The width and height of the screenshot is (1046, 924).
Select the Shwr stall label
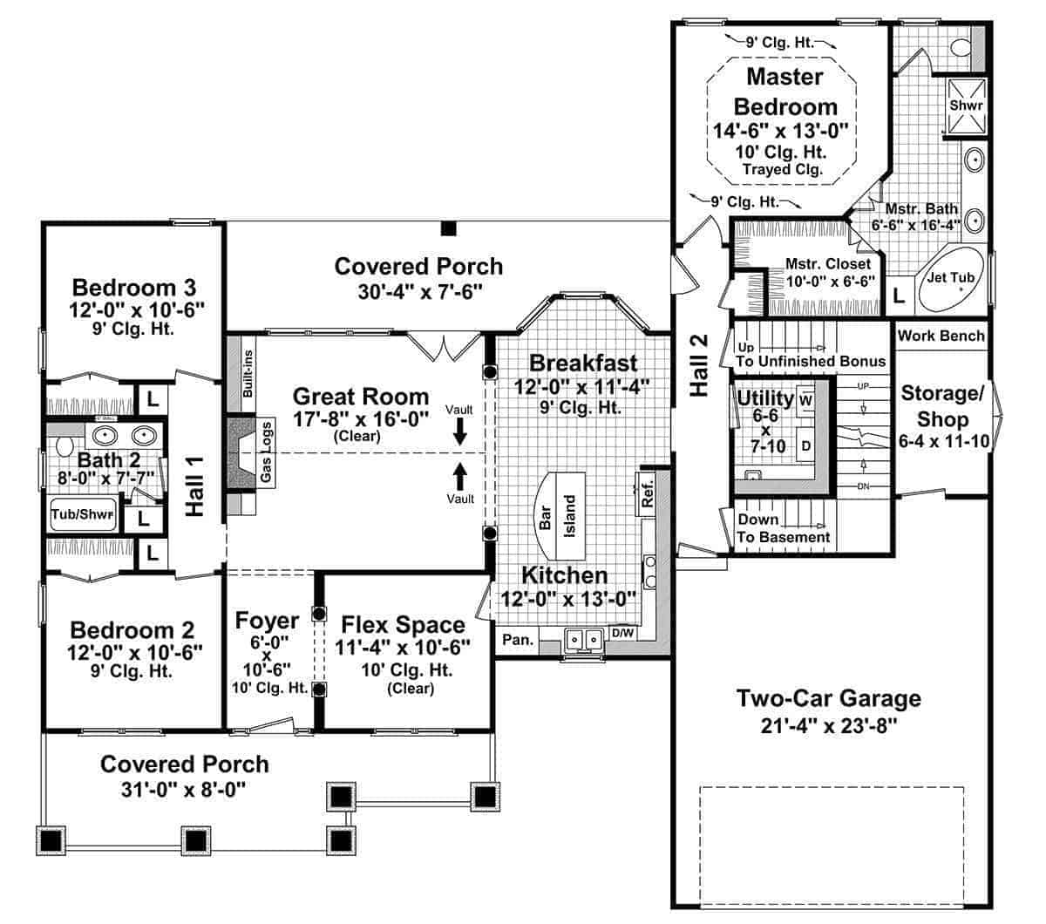966,105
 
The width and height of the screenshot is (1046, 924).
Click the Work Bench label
941,336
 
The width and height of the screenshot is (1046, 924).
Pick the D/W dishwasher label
622,633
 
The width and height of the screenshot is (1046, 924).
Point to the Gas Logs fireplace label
267,452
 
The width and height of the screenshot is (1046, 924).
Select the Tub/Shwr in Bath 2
83,514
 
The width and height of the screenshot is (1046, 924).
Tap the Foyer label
267,621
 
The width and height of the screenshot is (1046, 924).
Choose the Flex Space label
403,625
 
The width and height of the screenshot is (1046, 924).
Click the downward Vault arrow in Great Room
459,431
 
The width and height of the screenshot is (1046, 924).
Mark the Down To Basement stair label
783,528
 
